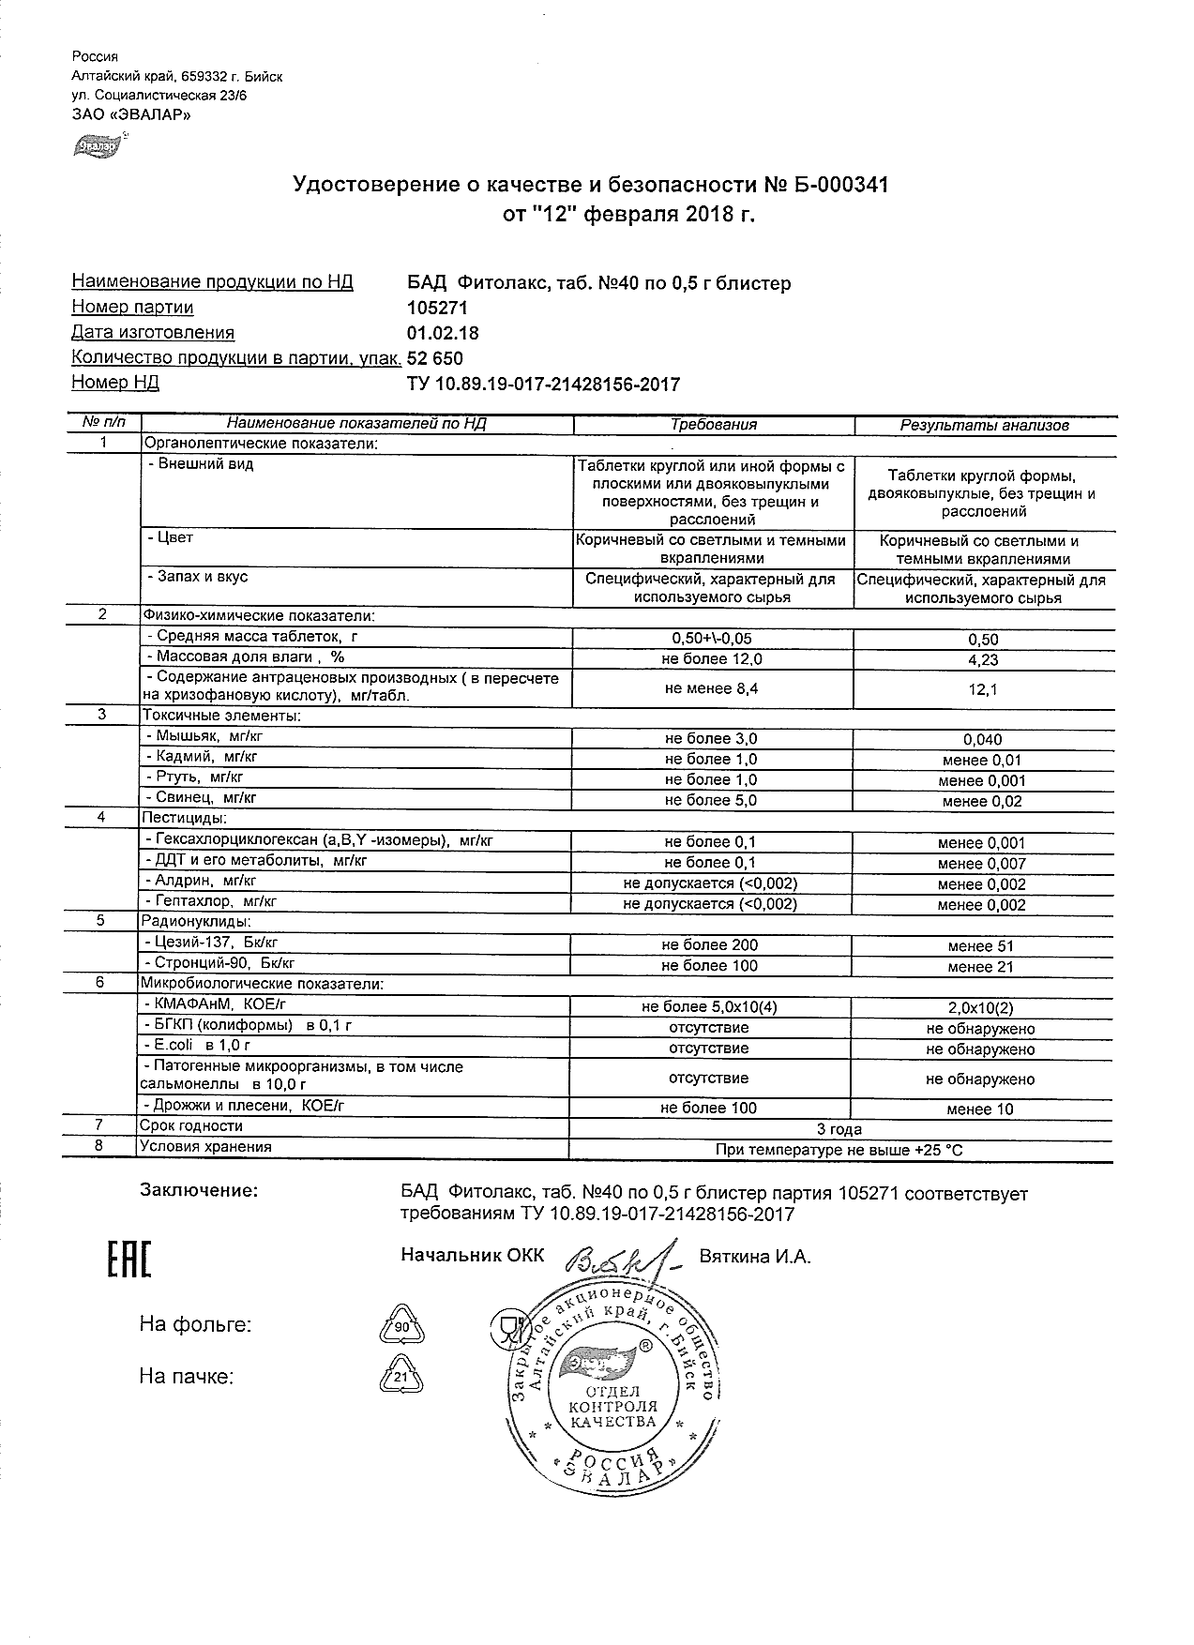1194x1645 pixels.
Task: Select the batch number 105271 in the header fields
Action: click(x=436, y=308)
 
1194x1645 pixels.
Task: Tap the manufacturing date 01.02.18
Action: click(x=442, y=333)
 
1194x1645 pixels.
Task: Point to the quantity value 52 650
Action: click(x=434, y=358)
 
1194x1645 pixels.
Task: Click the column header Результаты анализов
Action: click(x=984, y=425)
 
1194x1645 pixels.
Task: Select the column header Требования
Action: click(x=713, y=425)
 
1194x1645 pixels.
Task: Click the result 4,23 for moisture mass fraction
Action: click(x=982, y=659)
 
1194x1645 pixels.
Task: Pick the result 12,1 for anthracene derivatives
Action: click(x=982, y=689)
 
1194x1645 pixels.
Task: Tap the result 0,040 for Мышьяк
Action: click(x=982, y=739)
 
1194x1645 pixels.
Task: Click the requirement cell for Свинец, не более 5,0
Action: click(x=711, y=800)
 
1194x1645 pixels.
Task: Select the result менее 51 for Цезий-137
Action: click(x=981, y=946)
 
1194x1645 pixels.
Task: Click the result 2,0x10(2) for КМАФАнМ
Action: click(x=981, y=1008)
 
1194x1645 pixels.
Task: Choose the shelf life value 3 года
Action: click(x=840, y=1129)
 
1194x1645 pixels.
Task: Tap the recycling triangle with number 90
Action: click(x=401, y=1327)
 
